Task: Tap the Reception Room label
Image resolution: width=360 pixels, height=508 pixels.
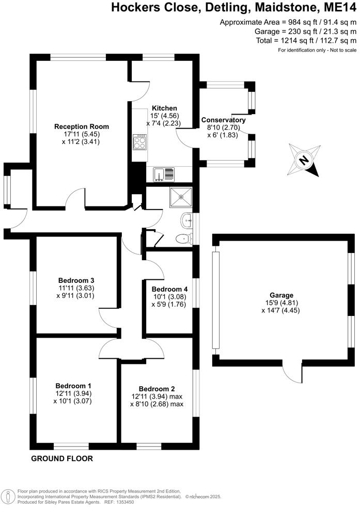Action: (82, 126)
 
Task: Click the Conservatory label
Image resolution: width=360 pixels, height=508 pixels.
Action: (223, 120)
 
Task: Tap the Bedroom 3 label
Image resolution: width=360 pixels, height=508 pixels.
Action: (75, 280)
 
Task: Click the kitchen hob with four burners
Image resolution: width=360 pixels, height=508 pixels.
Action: (139, 141)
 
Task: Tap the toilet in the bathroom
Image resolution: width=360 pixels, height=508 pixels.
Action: (182, 239)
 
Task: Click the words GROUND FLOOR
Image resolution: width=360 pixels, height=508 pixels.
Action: (62, 458)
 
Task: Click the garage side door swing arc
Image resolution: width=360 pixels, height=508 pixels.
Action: (293, 375)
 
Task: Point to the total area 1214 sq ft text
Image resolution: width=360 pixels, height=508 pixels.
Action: (306, 40)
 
